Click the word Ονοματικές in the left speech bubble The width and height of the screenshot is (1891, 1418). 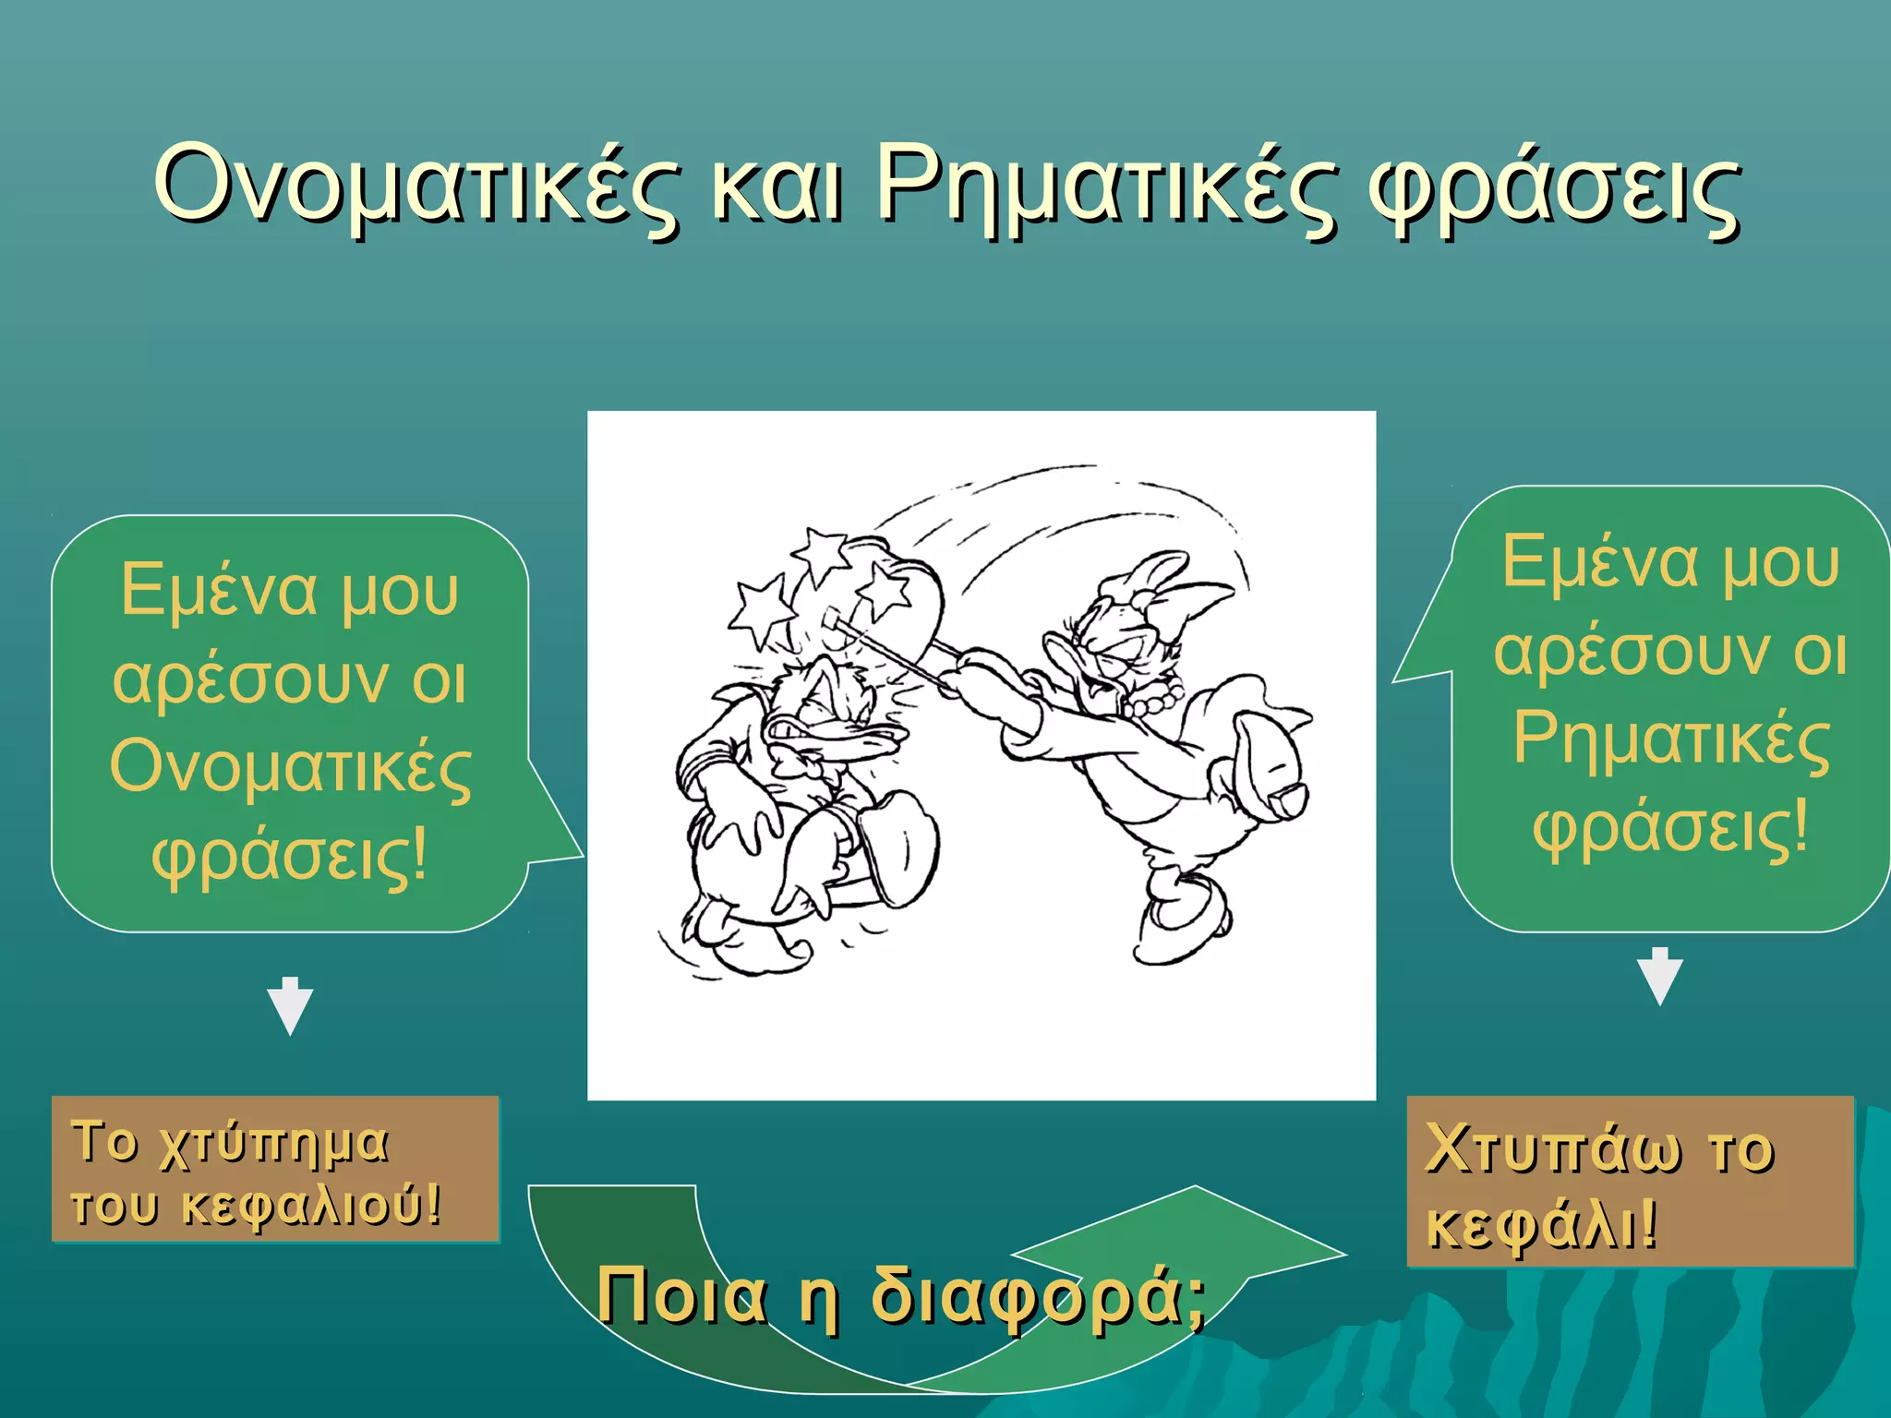(x=290, y=768)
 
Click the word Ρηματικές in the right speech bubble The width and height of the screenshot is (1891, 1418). (x=1670, y=741)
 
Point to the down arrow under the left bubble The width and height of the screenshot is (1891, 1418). (x=290, y=1006)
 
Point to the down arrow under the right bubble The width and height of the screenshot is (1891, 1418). (x=1659, y=977)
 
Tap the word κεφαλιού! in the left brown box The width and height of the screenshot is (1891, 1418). (x=310, y=1206)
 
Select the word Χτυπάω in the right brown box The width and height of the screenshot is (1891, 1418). (x=1552, y=1149)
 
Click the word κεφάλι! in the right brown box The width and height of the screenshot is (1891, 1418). (x=1542, y=1224)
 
